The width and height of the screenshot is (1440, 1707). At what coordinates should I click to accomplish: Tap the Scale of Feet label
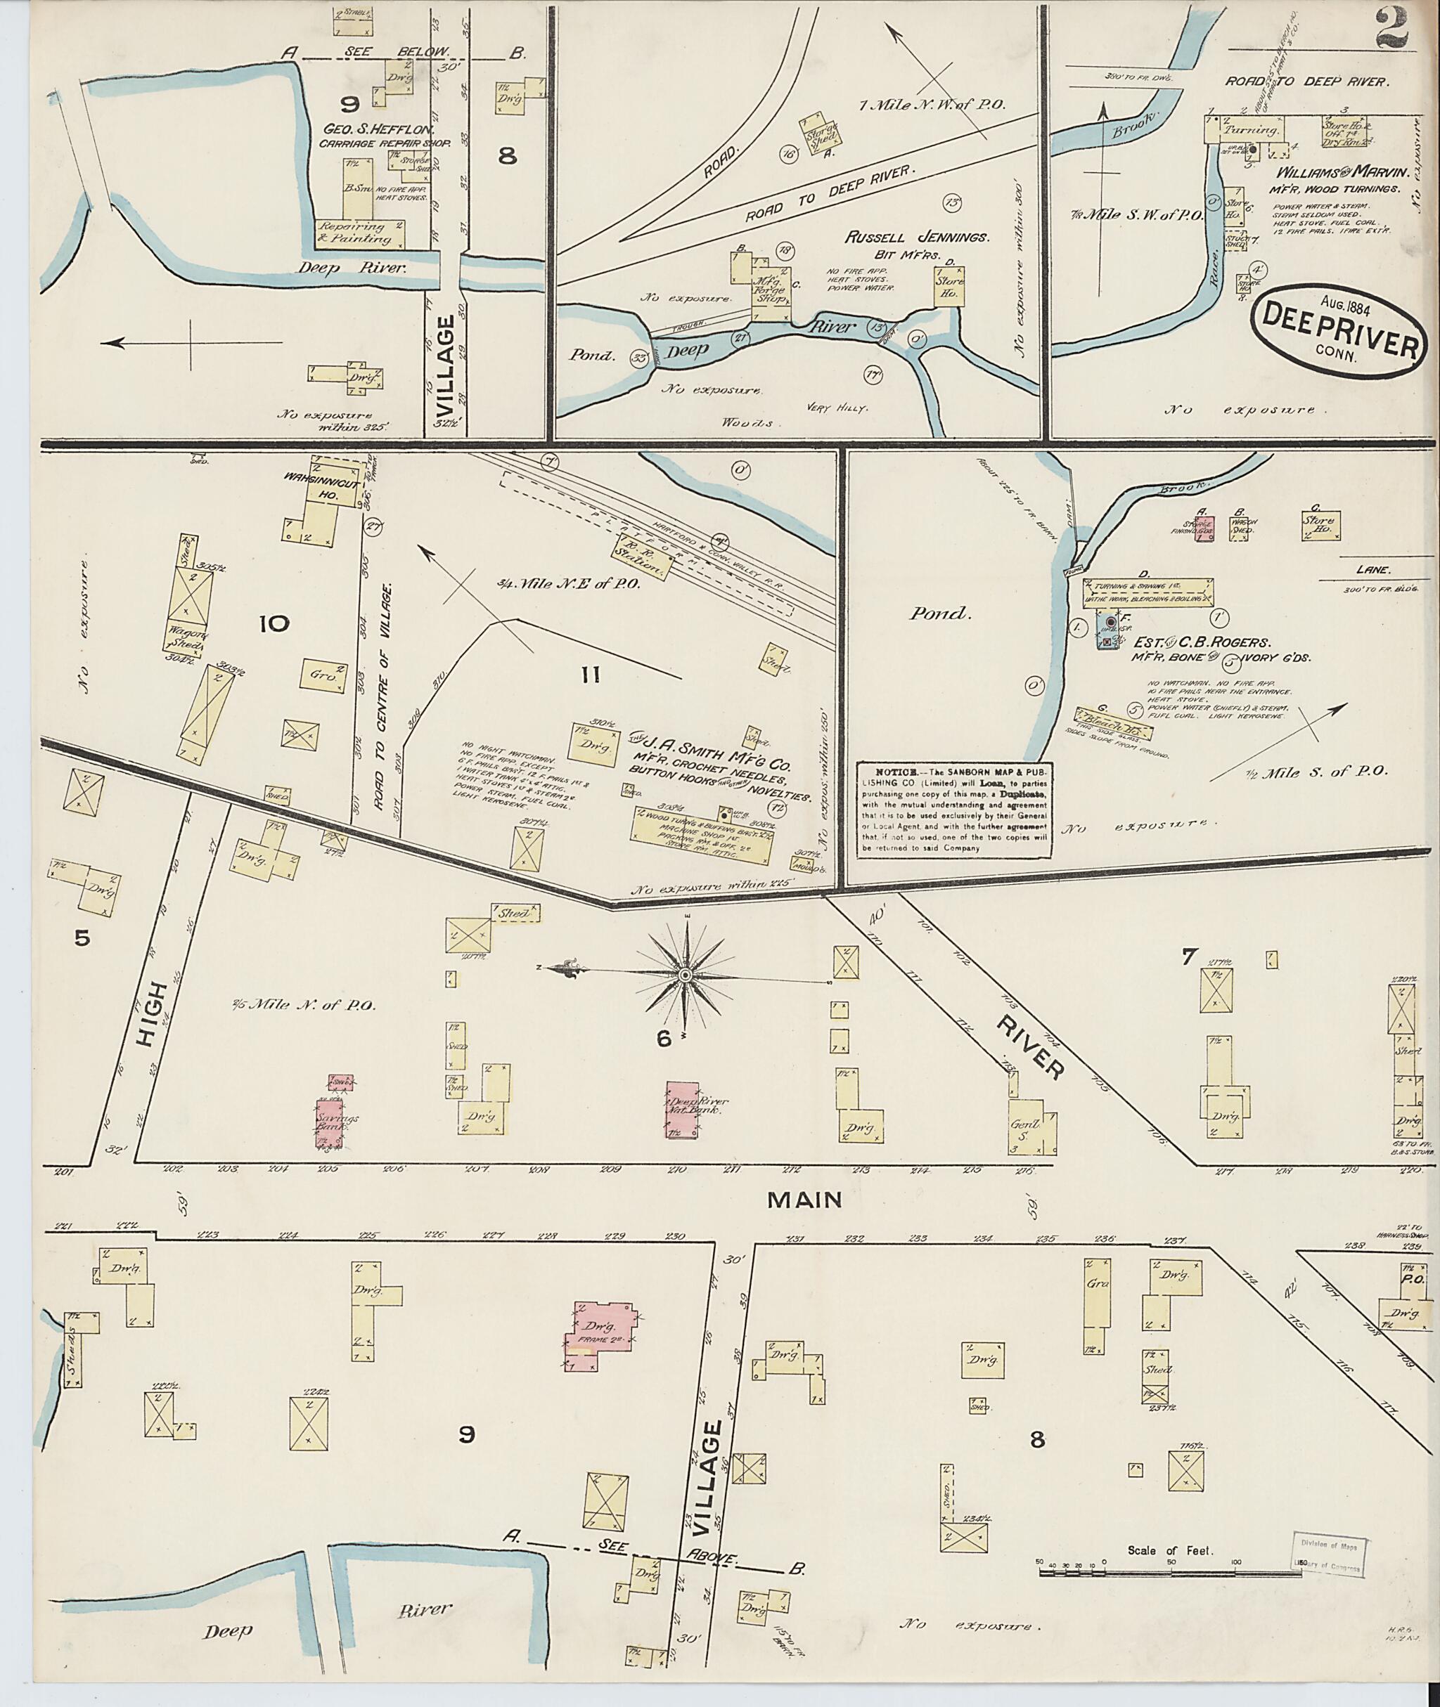point(1170,1550)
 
